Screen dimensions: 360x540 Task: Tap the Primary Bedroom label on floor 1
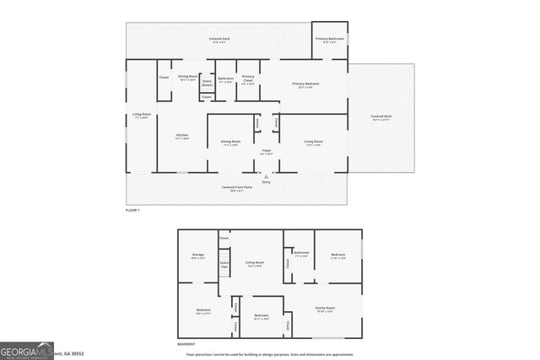click(310, 84)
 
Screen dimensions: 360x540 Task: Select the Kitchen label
click(181, 136)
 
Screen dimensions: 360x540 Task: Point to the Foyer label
click(266, 152)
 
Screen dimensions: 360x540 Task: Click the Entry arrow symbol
click(267, 177)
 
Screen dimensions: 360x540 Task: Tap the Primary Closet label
click(248, 79)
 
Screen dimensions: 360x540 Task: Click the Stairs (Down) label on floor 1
click(207, 83)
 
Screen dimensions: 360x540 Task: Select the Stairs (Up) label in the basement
click(224, 265)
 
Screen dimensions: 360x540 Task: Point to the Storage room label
click(197, 255)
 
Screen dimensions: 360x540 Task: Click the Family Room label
click(325, 309)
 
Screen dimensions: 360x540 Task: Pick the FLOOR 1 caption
click(132, 209)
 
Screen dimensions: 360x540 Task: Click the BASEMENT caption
click(186, 344)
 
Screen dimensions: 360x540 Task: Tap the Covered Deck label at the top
click(221, 40)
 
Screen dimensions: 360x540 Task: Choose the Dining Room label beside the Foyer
click(229, 142)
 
